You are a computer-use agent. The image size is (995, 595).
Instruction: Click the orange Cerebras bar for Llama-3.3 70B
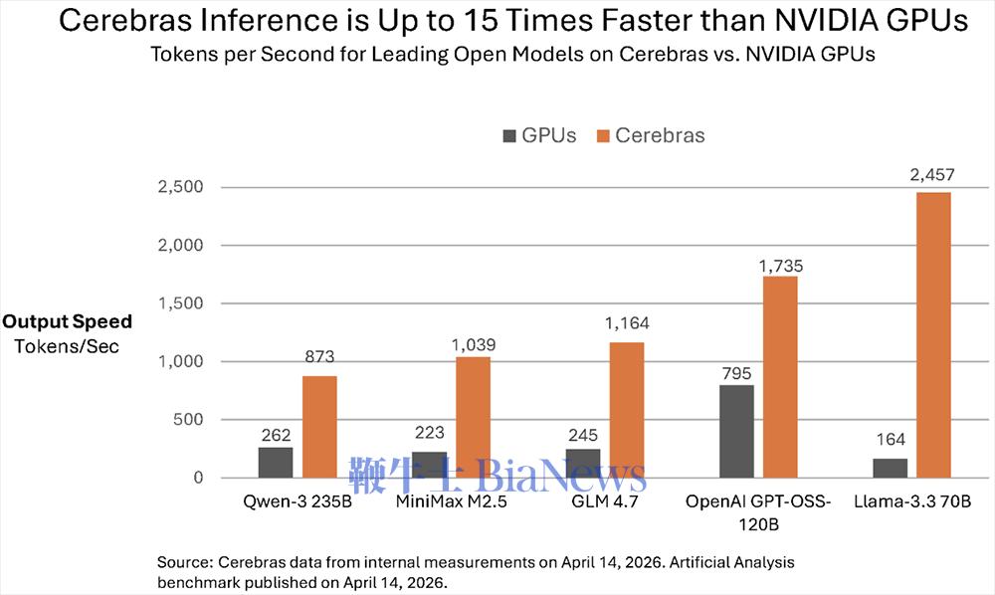tap(933, 334)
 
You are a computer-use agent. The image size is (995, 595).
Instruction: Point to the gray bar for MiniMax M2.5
tap(428, 465)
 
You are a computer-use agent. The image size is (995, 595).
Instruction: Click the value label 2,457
tap(933, 176)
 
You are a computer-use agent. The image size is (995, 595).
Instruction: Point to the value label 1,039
tap(473, 345)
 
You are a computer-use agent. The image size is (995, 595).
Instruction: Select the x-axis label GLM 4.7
tap(603, 501)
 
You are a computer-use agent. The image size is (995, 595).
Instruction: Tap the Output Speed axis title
tap(67, 322)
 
